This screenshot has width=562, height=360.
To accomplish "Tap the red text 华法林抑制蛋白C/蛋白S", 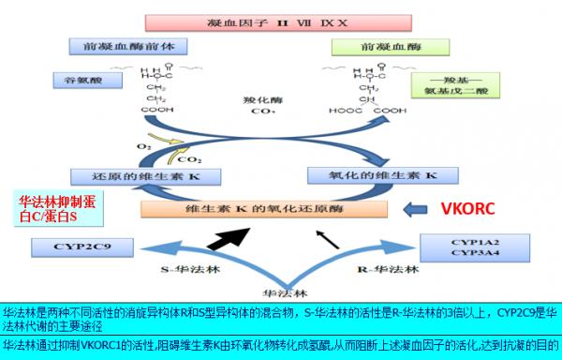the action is [x=57, y=207].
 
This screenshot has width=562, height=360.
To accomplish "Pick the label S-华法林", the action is [x=175, y=270].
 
